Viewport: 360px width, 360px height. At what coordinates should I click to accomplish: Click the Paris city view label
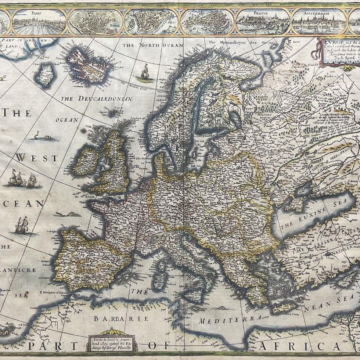37,12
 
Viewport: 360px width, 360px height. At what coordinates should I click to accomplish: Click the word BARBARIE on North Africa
121,318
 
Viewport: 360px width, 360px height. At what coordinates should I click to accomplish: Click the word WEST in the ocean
37,158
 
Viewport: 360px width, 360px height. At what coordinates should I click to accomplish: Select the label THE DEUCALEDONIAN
96,99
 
